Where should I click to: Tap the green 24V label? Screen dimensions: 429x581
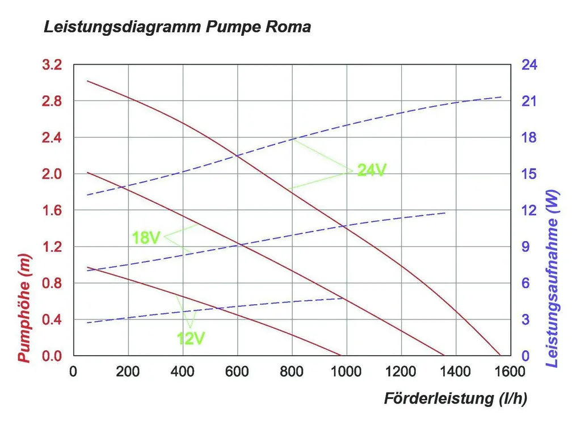click(x=372, y=170)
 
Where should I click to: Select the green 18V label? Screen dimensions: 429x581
click(x=146, y=238)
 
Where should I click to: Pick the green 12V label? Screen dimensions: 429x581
click(x=191, y=339)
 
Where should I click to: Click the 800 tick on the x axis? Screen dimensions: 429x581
click(x=292, y=371)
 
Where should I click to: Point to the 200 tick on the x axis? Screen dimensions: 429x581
click(x=128, y=371)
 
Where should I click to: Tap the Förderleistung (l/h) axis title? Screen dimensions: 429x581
click(x=456, y=398)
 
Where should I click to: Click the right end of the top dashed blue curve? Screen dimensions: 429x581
click(x=502, y=97)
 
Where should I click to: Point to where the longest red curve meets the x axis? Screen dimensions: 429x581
click(x=500, y=355)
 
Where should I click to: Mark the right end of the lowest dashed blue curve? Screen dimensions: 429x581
click(x=343, y=298)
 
